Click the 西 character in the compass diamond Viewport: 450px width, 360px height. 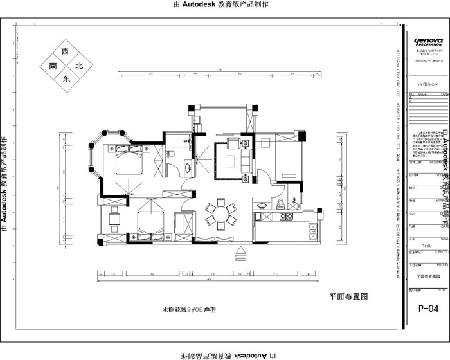(64, 51)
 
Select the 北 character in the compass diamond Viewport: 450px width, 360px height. (79, 66)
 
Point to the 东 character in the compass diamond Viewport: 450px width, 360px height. (65, 78)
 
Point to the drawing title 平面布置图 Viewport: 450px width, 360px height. (348, 297)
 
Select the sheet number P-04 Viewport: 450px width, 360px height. (428, 309)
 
